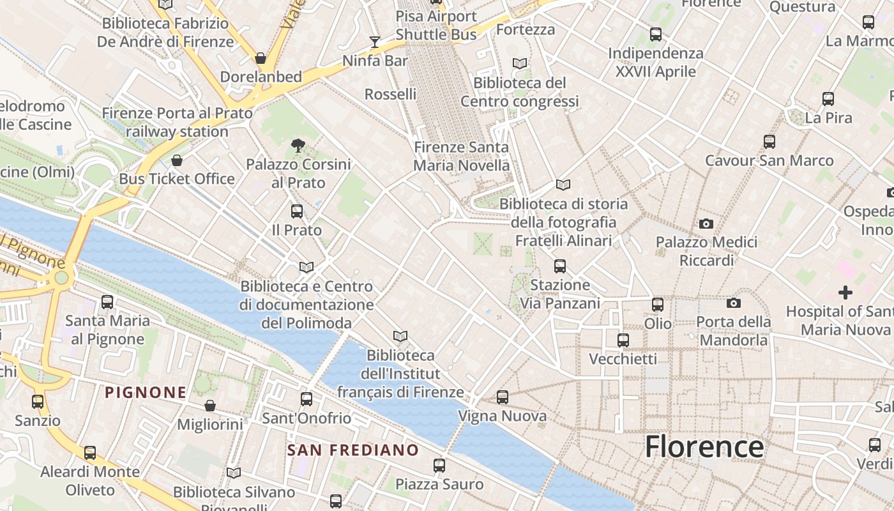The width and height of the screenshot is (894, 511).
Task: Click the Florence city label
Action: coord(704,446)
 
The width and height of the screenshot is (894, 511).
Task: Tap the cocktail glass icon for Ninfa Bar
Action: coord(375,42)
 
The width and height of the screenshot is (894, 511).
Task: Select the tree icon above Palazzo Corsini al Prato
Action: coord(298,146)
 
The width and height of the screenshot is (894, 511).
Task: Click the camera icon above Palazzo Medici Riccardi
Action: coord(706,224)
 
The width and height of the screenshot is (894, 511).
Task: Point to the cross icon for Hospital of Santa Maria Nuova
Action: coord(845,293)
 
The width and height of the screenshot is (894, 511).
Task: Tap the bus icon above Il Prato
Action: coord(297,211)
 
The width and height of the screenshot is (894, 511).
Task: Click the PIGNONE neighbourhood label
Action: coord(146,392)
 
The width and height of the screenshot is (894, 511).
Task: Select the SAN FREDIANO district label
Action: coord(353,450)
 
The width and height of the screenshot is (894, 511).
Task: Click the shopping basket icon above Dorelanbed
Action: coord(261,58)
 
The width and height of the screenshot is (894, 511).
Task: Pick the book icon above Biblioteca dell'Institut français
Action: coord(400,336)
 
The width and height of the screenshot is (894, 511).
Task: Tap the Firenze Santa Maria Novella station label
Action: coord(461,156)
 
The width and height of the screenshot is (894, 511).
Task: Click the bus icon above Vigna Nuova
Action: coord(503,397)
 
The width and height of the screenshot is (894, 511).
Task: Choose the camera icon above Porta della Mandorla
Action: coord(734,303)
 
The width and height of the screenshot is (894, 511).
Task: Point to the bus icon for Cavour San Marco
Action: coord(769,142)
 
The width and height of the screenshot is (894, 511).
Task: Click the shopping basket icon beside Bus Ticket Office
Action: coord(177,160)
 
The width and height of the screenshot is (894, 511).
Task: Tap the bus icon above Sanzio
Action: coord(38,402)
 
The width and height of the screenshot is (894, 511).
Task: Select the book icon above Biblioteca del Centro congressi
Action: coord(520,63)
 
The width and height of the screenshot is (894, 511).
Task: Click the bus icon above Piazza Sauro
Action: coord(439,465)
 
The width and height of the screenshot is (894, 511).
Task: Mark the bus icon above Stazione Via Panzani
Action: coord(560,266)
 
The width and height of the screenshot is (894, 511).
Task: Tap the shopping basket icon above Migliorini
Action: coord(209,406)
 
